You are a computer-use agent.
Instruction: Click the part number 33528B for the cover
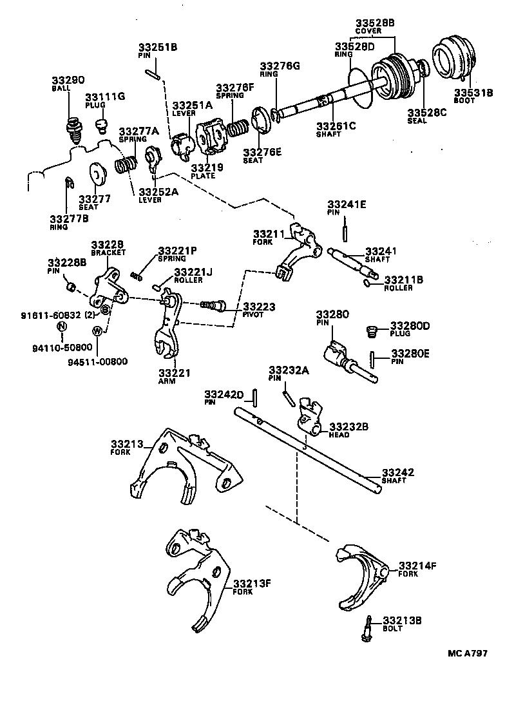click(375, 23)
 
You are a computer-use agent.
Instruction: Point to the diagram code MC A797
click(467, 653)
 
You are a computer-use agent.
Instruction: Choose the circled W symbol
click(97, 331)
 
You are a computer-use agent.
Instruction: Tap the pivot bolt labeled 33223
click(213, 303)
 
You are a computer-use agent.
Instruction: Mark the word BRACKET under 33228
click(108, 253)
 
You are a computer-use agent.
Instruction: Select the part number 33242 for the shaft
click(397, 472)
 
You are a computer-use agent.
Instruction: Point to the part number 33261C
click(336, 126)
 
